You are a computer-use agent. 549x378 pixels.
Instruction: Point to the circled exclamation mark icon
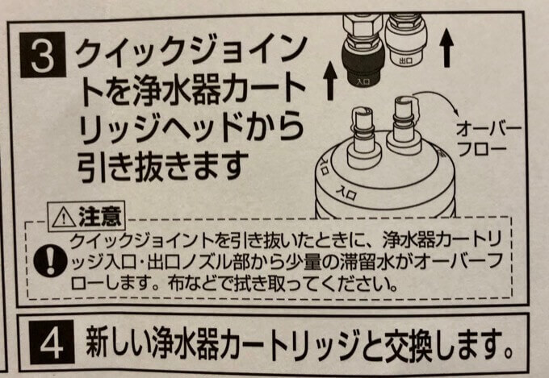[x=50, y=263]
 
